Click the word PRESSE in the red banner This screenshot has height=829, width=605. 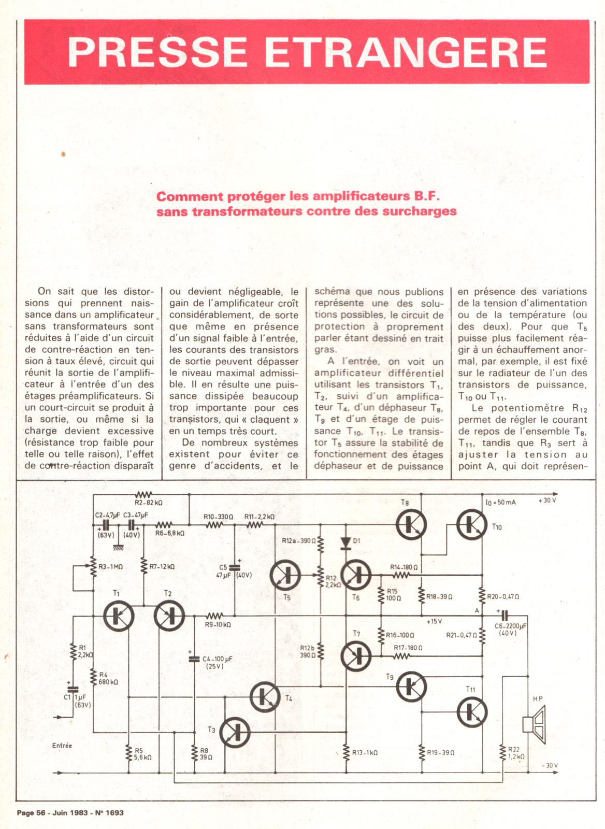tap(157, 52)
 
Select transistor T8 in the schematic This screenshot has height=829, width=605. tap(411, 524)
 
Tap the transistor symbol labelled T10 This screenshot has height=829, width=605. tap(472, 524)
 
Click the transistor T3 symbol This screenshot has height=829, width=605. tap(235, 732)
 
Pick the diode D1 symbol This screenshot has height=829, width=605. tap(346, 542)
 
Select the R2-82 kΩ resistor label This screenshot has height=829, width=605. tap(149, 503)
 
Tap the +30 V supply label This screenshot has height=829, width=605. tap(547, 501)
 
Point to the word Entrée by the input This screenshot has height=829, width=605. tap(62, 746)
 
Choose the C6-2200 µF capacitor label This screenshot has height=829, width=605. tap(510, 626)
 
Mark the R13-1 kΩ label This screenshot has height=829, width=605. tap(365, 752)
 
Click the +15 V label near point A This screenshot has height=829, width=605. tap(434, 621)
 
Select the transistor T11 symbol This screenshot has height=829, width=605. tap(472, 711)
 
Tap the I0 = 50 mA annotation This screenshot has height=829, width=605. tap(500, 502)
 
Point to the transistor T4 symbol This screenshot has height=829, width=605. tap(265, 697)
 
